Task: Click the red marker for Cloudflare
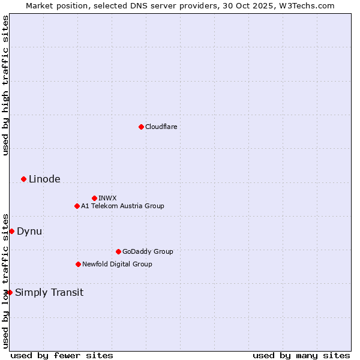[141, 127]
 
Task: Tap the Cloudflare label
[161, 127]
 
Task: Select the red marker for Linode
[23, 179]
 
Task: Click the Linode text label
[44, 179]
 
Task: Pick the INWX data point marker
[94, 198]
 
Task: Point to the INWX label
[107, 198]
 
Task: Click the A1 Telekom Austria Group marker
[77, 206]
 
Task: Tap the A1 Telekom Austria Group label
[122, 206]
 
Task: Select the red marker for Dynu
[11, 231]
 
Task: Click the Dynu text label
[29, 231]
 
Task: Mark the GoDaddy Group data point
[118, 251]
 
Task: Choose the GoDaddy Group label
[148, 251]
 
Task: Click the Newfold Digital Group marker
[78, 264]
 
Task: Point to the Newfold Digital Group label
[117, 264]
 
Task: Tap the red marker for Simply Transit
[10, 292]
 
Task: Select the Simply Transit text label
[49, 292]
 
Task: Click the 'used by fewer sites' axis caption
[62, 355]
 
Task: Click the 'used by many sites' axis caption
[301, 355]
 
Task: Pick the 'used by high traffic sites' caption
[5, 85]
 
